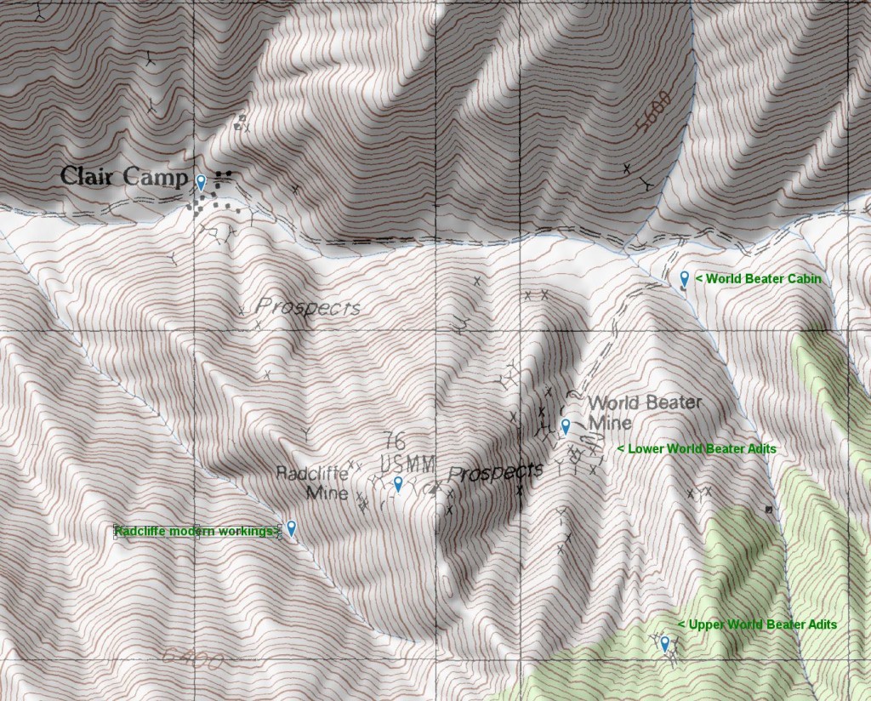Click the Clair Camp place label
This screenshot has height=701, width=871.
(123, 177)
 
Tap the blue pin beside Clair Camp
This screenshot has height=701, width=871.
(201, 182)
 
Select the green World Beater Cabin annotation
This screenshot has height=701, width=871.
(758, 278)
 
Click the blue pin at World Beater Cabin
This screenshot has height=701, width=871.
(685, 278)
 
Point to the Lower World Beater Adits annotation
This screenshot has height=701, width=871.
(696, 448)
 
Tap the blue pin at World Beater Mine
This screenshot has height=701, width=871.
(566, 426)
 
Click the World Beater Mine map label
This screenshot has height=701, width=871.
(643, 412)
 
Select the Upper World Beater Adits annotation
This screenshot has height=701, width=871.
(757, 624)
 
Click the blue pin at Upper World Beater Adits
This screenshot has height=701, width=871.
(665, 643)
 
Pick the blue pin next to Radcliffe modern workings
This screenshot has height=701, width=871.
(291, 528)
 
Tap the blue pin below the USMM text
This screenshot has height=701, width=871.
(398, 484)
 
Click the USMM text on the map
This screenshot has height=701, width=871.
(408, 464)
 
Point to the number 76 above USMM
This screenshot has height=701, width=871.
(394, 441)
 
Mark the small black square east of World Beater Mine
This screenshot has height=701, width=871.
(769, 509)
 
